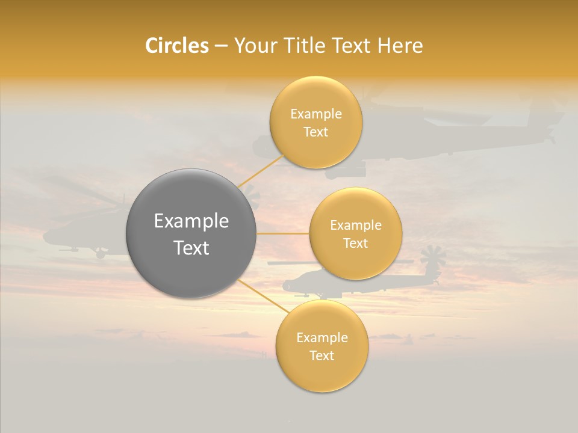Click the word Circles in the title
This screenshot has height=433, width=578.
click(x=177, y=46)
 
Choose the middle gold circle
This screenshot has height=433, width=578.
click(x=355, y=259)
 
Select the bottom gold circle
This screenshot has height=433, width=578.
click(x=322, y=373)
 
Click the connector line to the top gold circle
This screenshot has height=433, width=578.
click(x=261, y=171)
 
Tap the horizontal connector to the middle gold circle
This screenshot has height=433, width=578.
click(x=282, y=233)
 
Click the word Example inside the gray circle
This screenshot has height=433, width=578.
click(x=191, y=221)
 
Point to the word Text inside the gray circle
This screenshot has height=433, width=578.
click(x=191, y=248)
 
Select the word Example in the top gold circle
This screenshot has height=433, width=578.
click(x=315, y=114)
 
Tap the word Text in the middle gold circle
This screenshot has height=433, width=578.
click(x=355, y=243)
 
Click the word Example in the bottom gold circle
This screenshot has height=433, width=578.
click(x=322, y=338)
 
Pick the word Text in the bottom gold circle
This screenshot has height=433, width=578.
click(x=322, y=355)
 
